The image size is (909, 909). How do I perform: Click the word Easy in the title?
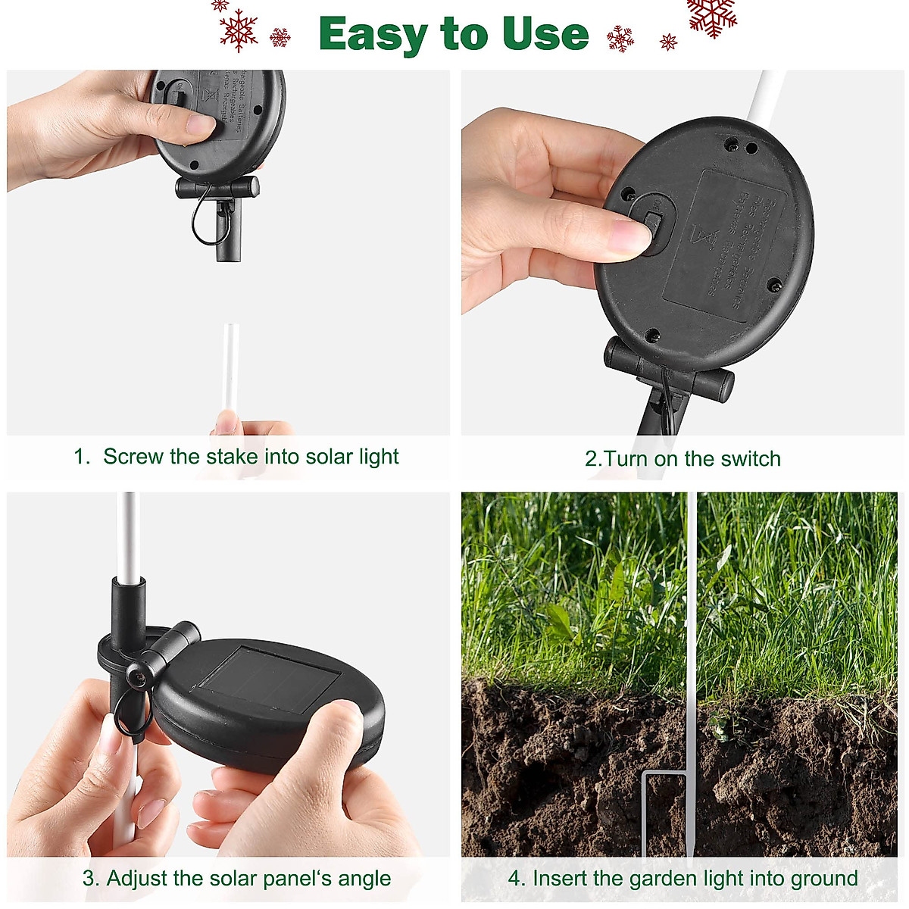tap(374, 35)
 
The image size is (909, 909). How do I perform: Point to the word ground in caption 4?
tap(824, 879)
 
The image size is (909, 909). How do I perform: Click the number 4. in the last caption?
tap(517, 879)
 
